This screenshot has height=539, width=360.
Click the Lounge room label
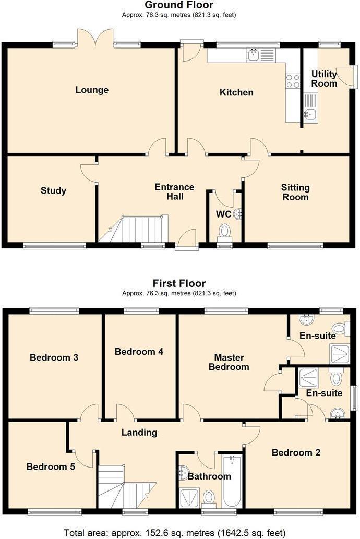click(x=92, y=90)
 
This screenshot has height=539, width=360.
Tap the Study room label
click(x=53, y=190)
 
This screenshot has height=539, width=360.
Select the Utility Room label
click(x=324, y=79)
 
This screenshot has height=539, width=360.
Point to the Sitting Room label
click(x=295, y=192)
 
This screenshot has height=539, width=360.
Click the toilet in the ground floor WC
click(x=225, y=231)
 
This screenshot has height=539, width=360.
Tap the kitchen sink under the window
click(x=254, y=54)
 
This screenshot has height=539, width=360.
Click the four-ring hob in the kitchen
click(x=293, y=81)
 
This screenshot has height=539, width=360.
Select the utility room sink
click(x=310, y=114)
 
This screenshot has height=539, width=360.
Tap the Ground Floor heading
click(x=179, y=5)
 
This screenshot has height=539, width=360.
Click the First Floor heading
click(x=179, y=284)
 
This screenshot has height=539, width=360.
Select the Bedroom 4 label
click(x=139, y=352)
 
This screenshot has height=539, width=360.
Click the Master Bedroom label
click(x=229, y=362)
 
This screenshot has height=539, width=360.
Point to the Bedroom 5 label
click(x=51, y=466)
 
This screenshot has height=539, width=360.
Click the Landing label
click(x=139, y=432)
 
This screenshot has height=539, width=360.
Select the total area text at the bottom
click(x=175, y=533)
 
